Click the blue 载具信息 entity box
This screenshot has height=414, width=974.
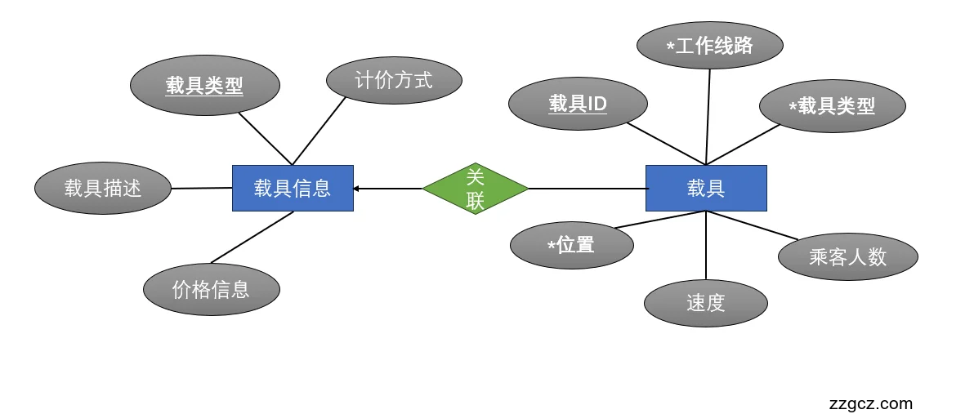[x=293, y=189]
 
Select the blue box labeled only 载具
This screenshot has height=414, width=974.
[x=706, y=189]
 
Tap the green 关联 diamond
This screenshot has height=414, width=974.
[x=476, y=189]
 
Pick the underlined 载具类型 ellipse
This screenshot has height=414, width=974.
[x=205, y=86]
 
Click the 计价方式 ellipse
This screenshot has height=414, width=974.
[x=394, y=80]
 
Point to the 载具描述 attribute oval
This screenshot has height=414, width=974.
[x=103, y=189]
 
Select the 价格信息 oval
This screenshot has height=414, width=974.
[x=212, y=289]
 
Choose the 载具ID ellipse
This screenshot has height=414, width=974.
[x=578, y=104]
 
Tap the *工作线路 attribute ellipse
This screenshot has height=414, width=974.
[x=709, y=46]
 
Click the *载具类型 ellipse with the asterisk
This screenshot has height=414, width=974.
[x=832, y=106]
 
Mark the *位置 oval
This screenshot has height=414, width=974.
[x=571, y=245]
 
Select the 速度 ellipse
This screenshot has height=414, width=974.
[x=706, y=303]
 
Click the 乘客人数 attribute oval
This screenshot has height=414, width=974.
[x=847, y=257]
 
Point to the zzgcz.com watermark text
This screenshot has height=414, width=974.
[x=870, y=403]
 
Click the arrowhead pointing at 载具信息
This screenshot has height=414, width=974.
[x=357, y=189]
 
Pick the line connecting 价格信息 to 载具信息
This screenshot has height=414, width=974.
[x=252, y=238]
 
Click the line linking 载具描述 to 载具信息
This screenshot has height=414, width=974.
[x=202, y=188]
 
